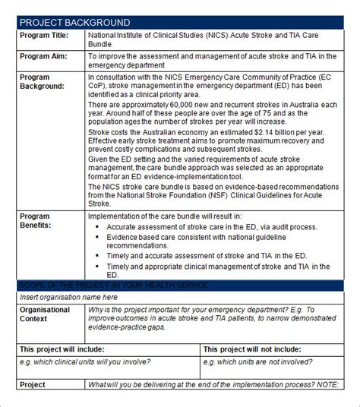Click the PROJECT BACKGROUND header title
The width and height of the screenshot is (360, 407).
[x=74, y=23]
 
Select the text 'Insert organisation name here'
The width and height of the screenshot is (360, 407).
[x=69, y=297]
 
